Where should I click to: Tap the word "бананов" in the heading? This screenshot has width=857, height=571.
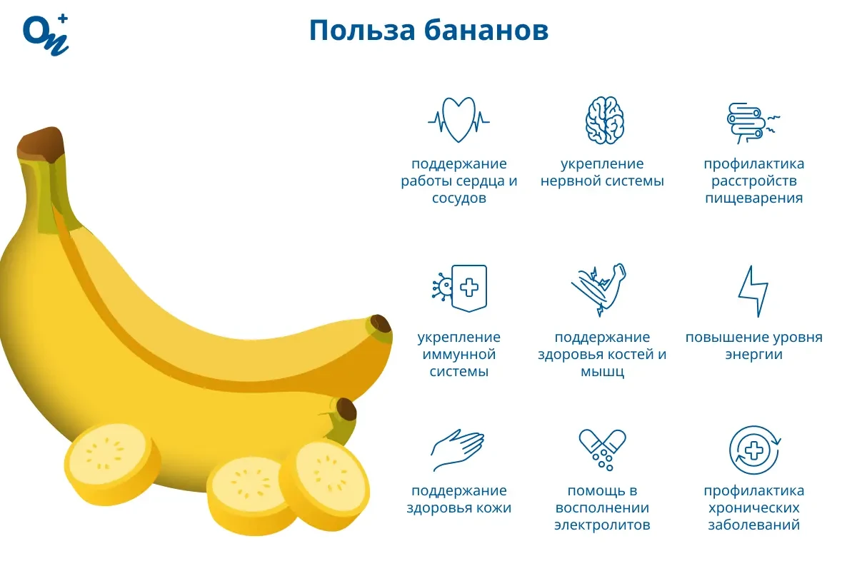click(486, 31)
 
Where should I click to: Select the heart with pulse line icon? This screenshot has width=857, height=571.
click(458, 119)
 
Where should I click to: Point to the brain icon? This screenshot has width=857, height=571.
click(605, 120)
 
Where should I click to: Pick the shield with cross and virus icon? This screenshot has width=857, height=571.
click(461, 288)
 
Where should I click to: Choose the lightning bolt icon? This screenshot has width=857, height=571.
click(753, 290)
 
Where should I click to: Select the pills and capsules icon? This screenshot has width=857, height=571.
click(602, 449)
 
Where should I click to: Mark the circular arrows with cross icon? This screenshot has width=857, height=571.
click(753, 450)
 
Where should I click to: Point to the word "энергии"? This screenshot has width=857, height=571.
click(753, 354)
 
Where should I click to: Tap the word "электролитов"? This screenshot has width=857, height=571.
click(602, 525)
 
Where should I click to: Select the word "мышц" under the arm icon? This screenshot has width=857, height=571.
click(602, 371)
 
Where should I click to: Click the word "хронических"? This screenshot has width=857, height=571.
click(753, 508)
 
